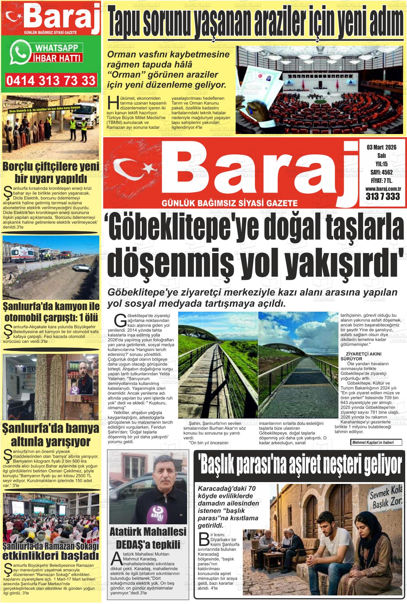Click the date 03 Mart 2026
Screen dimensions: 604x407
pyautogui.click(x=381, y=147)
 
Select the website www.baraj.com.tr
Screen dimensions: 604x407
pyautogui.click(x=383, y=188)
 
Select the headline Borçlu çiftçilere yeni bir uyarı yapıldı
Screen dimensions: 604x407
pyautogui.click(x=51, y=172)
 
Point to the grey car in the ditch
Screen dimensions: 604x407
pyautogui.click(x=82, y=267)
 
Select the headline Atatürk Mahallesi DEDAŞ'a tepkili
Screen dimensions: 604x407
pyautogui.click(x=148, y=538)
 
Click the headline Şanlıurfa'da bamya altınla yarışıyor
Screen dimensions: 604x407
pyautogui.click(x=51, y=435)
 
